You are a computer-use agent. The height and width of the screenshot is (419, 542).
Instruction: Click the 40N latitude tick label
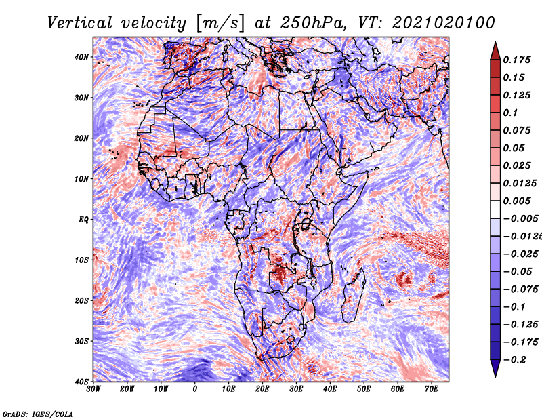point(81,57)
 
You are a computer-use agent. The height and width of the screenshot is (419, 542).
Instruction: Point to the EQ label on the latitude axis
point(83,220)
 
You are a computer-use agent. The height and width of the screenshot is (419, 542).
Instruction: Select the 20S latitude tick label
point(81,300)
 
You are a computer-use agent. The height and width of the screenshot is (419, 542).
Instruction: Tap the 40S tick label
point(81,382)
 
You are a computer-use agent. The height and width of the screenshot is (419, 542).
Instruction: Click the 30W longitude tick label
point(93,389)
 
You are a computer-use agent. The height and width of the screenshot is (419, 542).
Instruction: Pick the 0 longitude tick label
point(195,389)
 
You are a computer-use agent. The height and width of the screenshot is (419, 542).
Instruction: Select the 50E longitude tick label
point(364,389)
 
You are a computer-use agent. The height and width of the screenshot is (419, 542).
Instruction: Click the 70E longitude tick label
point(432,389)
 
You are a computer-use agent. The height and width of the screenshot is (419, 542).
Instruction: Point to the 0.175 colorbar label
point(517,60)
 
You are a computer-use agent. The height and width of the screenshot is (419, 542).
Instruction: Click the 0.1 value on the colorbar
point(511,113)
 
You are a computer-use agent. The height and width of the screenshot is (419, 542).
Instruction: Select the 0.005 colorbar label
point(517,201)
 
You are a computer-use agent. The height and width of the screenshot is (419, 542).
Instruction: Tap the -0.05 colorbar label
point(518,272)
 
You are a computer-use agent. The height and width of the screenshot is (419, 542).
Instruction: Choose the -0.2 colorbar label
point(514,360)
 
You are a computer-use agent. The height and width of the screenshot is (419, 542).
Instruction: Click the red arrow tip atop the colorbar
point(495,43)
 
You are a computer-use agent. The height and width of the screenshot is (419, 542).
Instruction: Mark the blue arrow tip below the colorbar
point(495,376)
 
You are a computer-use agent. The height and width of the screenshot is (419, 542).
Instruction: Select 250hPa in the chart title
point(312,23)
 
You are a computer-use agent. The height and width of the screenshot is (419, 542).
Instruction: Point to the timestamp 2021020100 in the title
point(444,23)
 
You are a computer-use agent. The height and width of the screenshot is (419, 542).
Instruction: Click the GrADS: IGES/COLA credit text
point(38,414)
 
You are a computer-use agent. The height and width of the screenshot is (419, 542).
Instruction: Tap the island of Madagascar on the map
point(354,296)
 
